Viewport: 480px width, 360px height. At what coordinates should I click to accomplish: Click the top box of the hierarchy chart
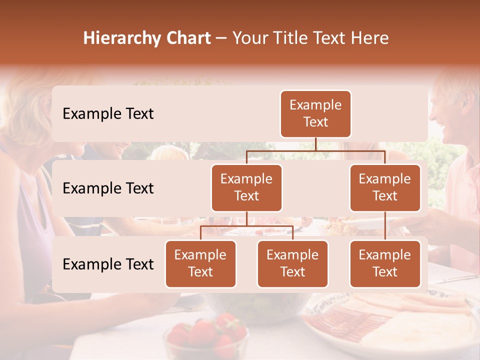(x=315, y=114)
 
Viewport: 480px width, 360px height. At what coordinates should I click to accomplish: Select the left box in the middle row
(x=246, y=187)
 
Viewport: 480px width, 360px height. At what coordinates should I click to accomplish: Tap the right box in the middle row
(x=385, y=187)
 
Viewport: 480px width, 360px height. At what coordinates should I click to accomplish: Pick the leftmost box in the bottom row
(x=200, y=263)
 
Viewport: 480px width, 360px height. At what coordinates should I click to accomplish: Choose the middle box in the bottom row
(x=292, y=263)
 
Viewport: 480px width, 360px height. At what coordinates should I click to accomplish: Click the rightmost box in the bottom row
(x=385, y=263)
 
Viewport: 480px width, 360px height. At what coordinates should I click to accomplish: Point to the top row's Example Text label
(x=108, y=114)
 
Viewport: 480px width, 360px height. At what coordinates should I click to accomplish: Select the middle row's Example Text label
(x=108, y=188)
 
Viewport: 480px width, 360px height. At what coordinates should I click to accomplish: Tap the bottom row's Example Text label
(x=108, y=264)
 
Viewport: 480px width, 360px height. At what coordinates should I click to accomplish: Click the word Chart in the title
(x=189, y=38)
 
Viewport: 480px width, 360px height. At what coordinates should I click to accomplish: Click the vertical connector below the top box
(x=315, y=144)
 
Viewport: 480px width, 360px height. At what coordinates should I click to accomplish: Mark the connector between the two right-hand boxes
(x=385, y=226)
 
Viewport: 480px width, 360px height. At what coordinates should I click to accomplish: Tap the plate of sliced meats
(x=350, y=320)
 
